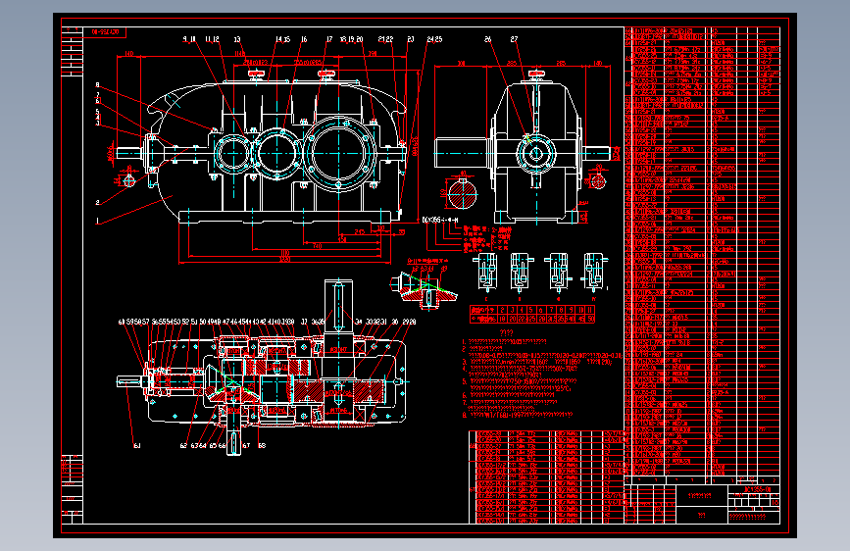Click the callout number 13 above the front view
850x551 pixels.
[x=237, y=40]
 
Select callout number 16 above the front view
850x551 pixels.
[x=305, y=40]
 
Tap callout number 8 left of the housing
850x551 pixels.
[x=98, y=85]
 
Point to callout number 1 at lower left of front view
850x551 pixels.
[x=98, y=222]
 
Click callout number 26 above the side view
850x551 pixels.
[x=487, y=40]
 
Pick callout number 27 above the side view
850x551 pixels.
[x=515, y=40]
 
